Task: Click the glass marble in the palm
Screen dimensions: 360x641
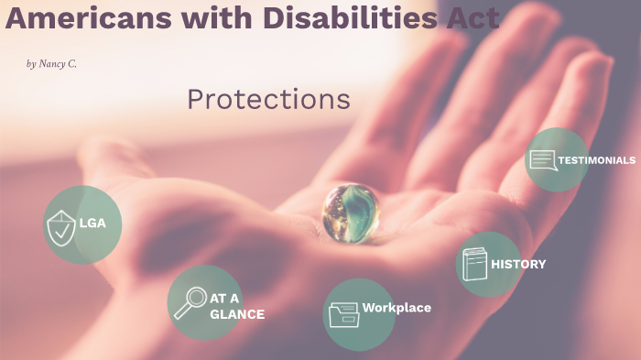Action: point(352,212)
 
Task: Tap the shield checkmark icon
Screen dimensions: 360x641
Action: point(60,227)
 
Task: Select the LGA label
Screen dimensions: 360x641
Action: point(92,223)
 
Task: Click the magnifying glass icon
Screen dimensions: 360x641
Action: point(190,301)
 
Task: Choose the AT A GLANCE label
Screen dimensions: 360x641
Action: point(236,306)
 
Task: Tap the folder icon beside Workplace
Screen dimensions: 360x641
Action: point(343,313)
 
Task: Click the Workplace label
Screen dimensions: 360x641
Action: point(397,308)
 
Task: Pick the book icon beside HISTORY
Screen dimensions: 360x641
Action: point(474,265)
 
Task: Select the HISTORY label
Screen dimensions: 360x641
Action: point(518,265)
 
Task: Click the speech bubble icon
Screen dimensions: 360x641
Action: point(543,161)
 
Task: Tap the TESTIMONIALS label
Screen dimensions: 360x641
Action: point(596,160)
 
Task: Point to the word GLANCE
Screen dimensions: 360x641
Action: point(237,314)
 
